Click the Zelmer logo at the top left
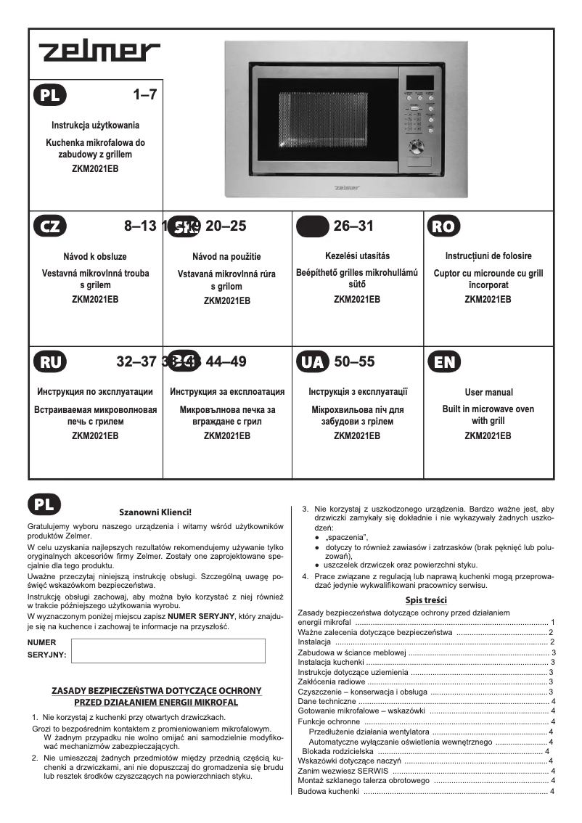pyautogui.click(x=99, y=52)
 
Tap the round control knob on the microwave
pyautogui.click(x=417, y=148)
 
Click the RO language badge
pyautogui.click(x=443, y=226)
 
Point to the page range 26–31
pyautogui.click(x=353, y=226)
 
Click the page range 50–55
pyautogui.click(x=354, y=361)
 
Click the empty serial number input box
pyautogui.click(x=169, y=651)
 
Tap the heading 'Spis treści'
pyautogui.click(x=425, y=599)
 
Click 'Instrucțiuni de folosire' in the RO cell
pyautogui.click(x=488, y=256)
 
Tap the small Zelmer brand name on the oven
pyautogui.click(x=346, y=187)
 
